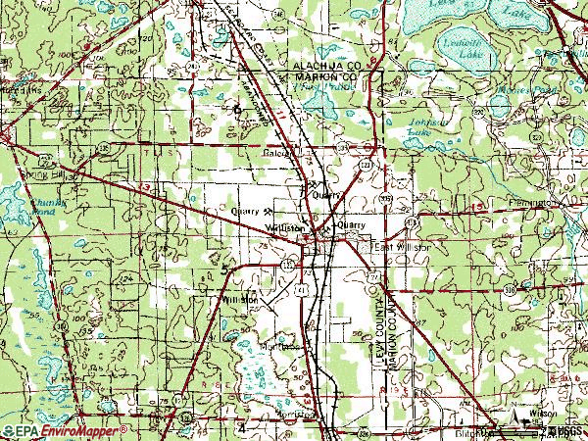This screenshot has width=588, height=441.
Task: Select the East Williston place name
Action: pos(401,248)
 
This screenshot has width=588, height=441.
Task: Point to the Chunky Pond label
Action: pos(42,207)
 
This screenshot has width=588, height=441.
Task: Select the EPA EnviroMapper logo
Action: pos(65,431)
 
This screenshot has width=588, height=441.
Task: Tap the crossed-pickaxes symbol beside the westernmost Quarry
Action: pos(267,210)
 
